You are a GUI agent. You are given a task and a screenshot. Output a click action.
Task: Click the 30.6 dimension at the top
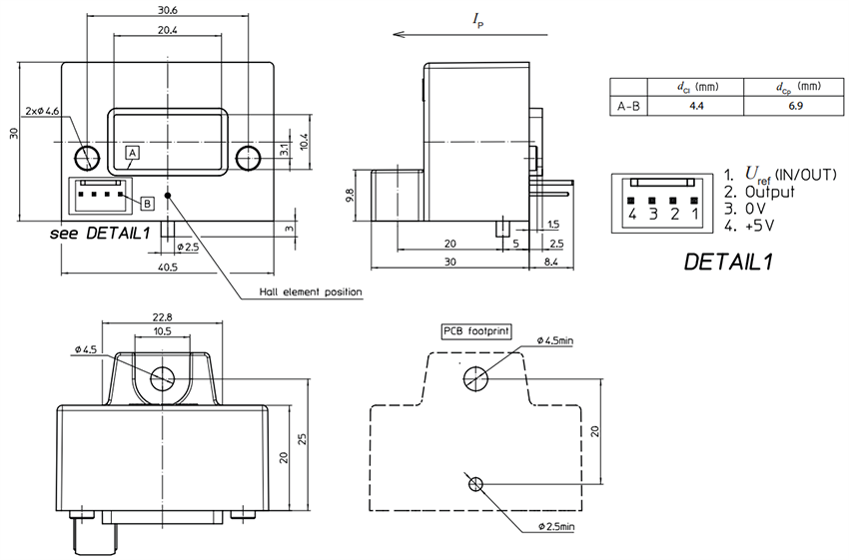(x=167, y=10)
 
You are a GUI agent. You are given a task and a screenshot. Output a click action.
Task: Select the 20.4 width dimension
(x=167, y=30)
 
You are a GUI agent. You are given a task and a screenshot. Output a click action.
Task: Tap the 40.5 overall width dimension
(x=167, y=267)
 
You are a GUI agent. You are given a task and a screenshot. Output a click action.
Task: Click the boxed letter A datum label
(x=132, y=153)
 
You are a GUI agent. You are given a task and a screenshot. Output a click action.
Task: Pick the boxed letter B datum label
(x=147, y=203)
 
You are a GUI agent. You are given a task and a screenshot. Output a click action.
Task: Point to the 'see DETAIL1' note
(x=100, y=233)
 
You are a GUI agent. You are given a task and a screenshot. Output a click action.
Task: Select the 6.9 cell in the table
(x=795, y=105)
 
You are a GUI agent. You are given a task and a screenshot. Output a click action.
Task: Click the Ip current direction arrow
(x=469, y=33)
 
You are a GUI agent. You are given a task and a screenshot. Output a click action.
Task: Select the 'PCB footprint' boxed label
(x=475, y=330)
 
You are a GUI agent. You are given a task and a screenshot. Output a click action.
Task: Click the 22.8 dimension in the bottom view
(x=163, y=318)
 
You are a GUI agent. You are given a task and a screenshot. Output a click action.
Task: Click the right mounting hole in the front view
(x=248, y=157)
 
